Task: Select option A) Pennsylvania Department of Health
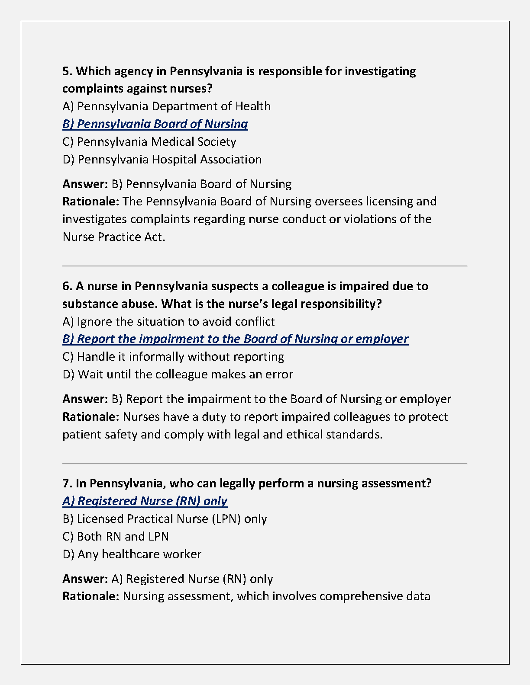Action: (167, 106)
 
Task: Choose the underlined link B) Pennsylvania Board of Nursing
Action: (155, 124)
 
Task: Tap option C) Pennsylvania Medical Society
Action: (149, 142)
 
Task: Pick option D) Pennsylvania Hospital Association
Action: (162, 160)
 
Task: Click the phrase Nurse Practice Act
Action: (113, 237)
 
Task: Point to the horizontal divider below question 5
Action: (265, 266)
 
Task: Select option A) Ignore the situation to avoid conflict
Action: (168, 322)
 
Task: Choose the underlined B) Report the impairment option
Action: (235, 339)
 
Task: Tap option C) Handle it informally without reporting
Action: (173, 357)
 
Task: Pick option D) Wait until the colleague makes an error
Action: (178, 375)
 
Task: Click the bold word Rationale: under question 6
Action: (90, 417)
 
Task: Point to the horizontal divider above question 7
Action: (265, 463)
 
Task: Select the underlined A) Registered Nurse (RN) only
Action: (145, 501)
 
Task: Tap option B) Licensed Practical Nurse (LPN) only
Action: (165, 519)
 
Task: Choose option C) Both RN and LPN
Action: (116, 537)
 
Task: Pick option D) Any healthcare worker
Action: (132, 554)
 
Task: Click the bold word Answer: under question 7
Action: (85, 579)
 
